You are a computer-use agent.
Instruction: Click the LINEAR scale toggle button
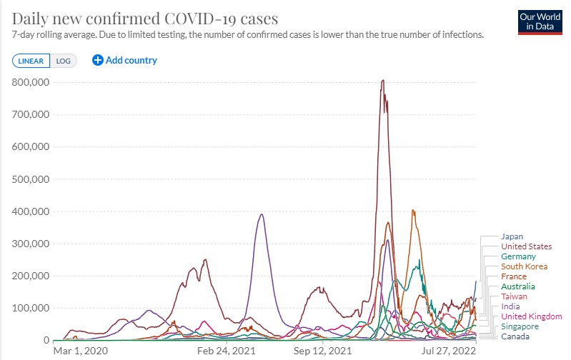[31, 61]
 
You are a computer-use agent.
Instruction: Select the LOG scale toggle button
[64, 61]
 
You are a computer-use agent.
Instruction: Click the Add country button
[125, 61]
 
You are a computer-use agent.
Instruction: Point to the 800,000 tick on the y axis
[30, 82]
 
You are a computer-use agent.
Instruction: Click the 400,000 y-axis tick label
[30, 211]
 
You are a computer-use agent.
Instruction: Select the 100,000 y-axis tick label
[30, 308]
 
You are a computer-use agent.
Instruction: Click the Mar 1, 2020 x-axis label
[80, 351]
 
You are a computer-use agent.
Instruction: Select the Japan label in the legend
[512, 236]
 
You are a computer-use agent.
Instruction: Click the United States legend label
[526, 246]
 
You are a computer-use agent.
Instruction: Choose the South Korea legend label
[524, 266]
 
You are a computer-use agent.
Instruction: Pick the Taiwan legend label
[514, 296]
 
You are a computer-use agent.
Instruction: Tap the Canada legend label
[515, 336]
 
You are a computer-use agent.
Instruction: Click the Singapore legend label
[520, 326]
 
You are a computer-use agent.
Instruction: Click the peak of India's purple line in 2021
[262, 214]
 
